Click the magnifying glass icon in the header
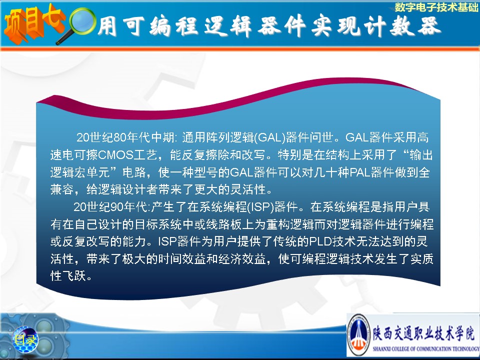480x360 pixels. (80, 25)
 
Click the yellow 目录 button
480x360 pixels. (25, 339)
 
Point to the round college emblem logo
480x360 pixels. (359, 335)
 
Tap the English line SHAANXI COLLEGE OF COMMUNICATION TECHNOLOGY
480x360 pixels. (426, 348)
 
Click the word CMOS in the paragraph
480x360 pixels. (116, 155)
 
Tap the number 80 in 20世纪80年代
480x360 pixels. (119, 137)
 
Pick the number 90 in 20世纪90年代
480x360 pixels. (116, 207)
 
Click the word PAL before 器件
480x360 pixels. (360, 172)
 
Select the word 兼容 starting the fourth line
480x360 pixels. (62, 190)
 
